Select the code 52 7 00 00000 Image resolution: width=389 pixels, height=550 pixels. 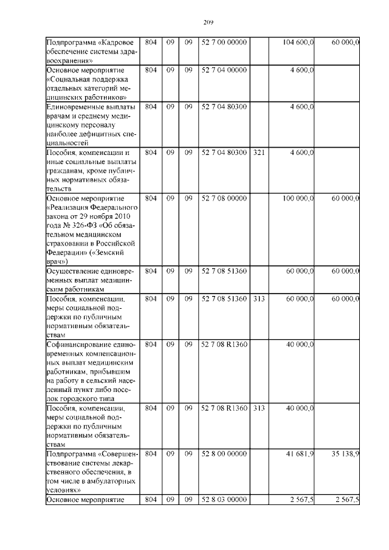point(224,42)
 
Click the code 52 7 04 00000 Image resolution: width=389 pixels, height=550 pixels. point(224,70)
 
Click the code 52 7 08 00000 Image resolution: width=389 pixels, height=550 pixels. point(224,198)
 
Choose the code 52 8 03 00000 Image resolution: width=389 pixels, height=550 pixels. point(224,500)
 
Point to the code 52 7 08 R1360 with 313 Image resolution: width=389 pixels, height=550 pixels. point(224,408)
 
